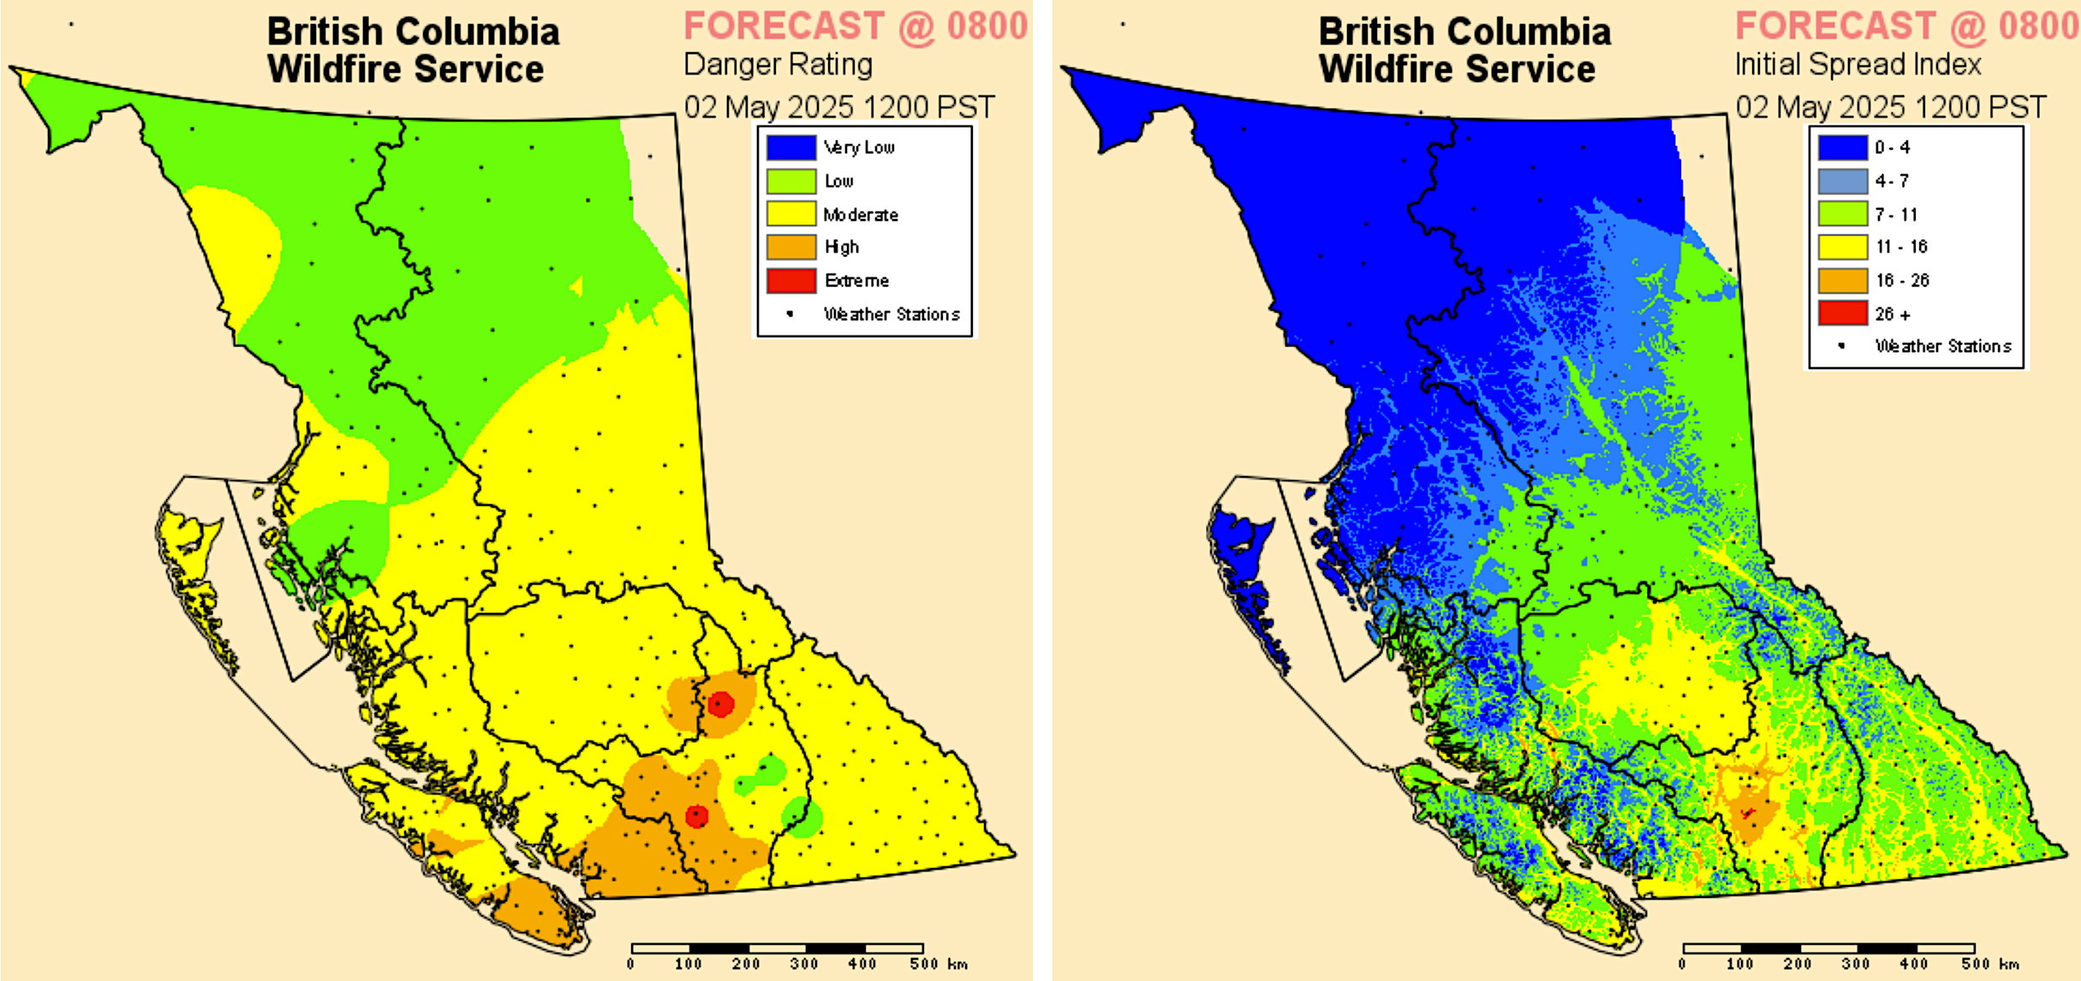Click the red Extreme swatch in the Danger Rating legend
[x=790, y=281]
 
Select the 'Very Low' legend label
[x=859, y=147]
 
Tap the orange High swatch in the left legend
[x=790, y=247]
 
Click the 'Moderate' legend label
[x=861, y=215]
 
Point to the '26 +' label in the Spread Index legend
[x=1893, y=314]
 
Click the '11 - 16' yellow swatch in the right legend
[x=1842, y=247]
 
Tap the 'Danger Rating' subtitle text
[x=778, y=65]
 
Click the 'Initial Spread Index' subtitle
[x=1857, y=65]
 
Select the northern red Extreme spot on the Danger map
[x=721, y=704]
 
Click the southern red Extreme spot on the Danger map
[x=697, y=816]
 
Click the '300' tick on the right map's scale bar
[x=1856, y=964]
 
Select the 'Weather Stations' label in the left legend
[x=891, y=314]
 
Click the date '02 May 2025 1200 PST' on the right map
[x=1890, y=108]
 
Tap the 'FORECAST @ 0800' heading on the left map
[x=855, y=27]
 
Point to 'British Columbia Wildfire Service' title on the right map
[x=1464, y=50]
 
